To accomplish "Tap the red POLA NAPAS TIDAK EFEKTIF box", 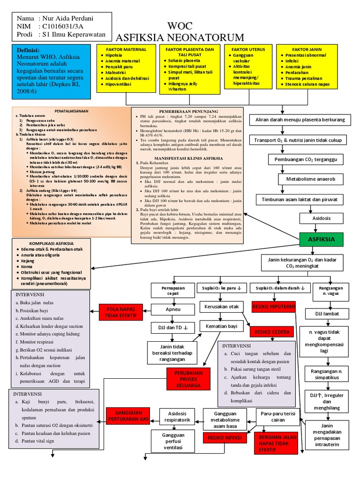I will click(x=120, y=312).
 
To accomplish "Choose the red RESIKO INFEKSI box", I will click(x=225, y=437).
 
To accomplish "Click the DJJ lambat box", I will click(x=328, y=313).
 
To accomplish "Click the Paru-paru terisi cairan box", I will click(x=278, y=417).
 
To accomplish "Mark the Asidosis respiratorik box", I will click(x=177, y=417).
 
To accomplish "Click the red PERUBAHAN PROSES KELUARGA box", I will click(x=186, y=378).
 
